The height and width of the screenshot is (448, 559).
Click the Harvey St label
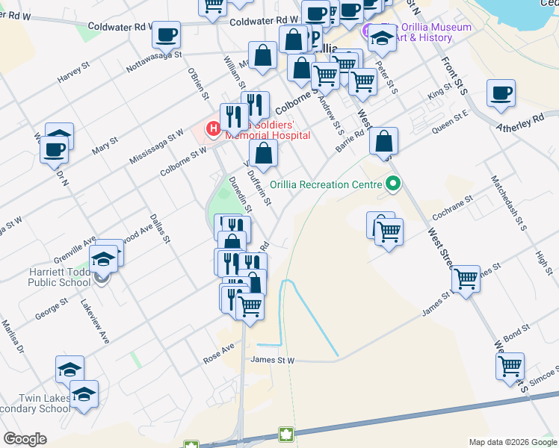[x=73, y=73]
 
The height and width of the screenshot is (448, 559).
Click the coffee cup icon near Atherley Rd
[x=501, y=94]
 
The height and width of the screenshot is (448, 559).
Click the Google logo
[x=25, y=439]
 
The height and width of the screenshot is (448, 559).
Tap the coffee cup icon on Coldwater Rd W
[x=167, y=34]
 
